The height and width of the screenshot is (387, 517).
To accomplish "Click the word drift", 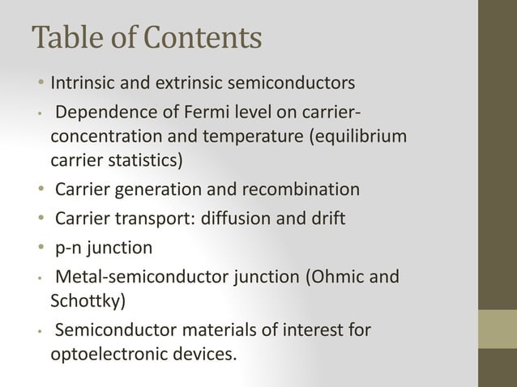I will click(329, 219).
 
